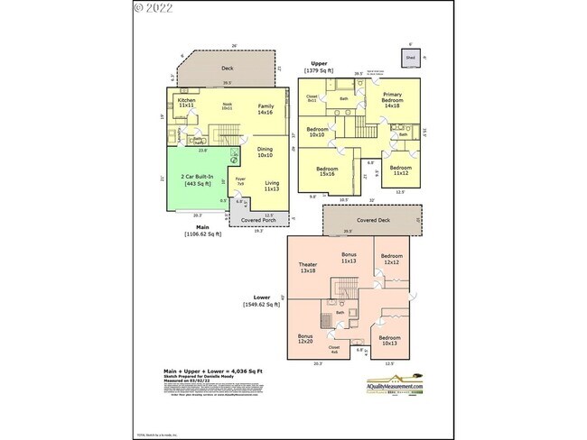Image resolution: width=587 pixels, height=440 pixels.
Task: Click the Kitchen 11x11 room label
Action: pyautogui.click(x=187, y=104)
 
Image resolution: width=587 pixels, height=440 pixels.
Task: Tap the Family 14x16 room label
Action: pyautogui.click(x=266, y=110)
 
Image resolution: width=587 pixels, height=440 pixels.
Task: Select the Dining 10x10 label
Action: pyautogui.click(x=264, y=152)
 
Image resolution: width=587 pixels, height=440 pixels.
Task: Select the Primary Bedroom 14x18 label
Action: pyautogui.click(x=392, y=99)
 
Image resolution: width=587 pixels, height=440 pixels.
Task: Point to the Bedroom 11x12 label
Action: pyautogui.click(x=401, y=170)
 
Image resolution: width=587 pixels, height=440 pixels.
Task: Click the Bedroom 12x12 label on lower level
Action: pyautogui.click(x=392, y=260)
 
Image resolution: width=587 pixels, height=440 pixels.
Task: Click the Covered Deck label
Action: pyautogui.click(x=373, y=220)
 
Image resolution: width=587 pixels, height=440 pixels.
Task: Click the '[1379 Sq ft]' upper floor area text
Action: pyautogui.click(x=320, y=69)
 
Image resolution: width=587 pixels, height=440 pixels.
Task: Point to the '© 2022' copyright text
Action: pyautogui.click(x=154, y=8)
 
